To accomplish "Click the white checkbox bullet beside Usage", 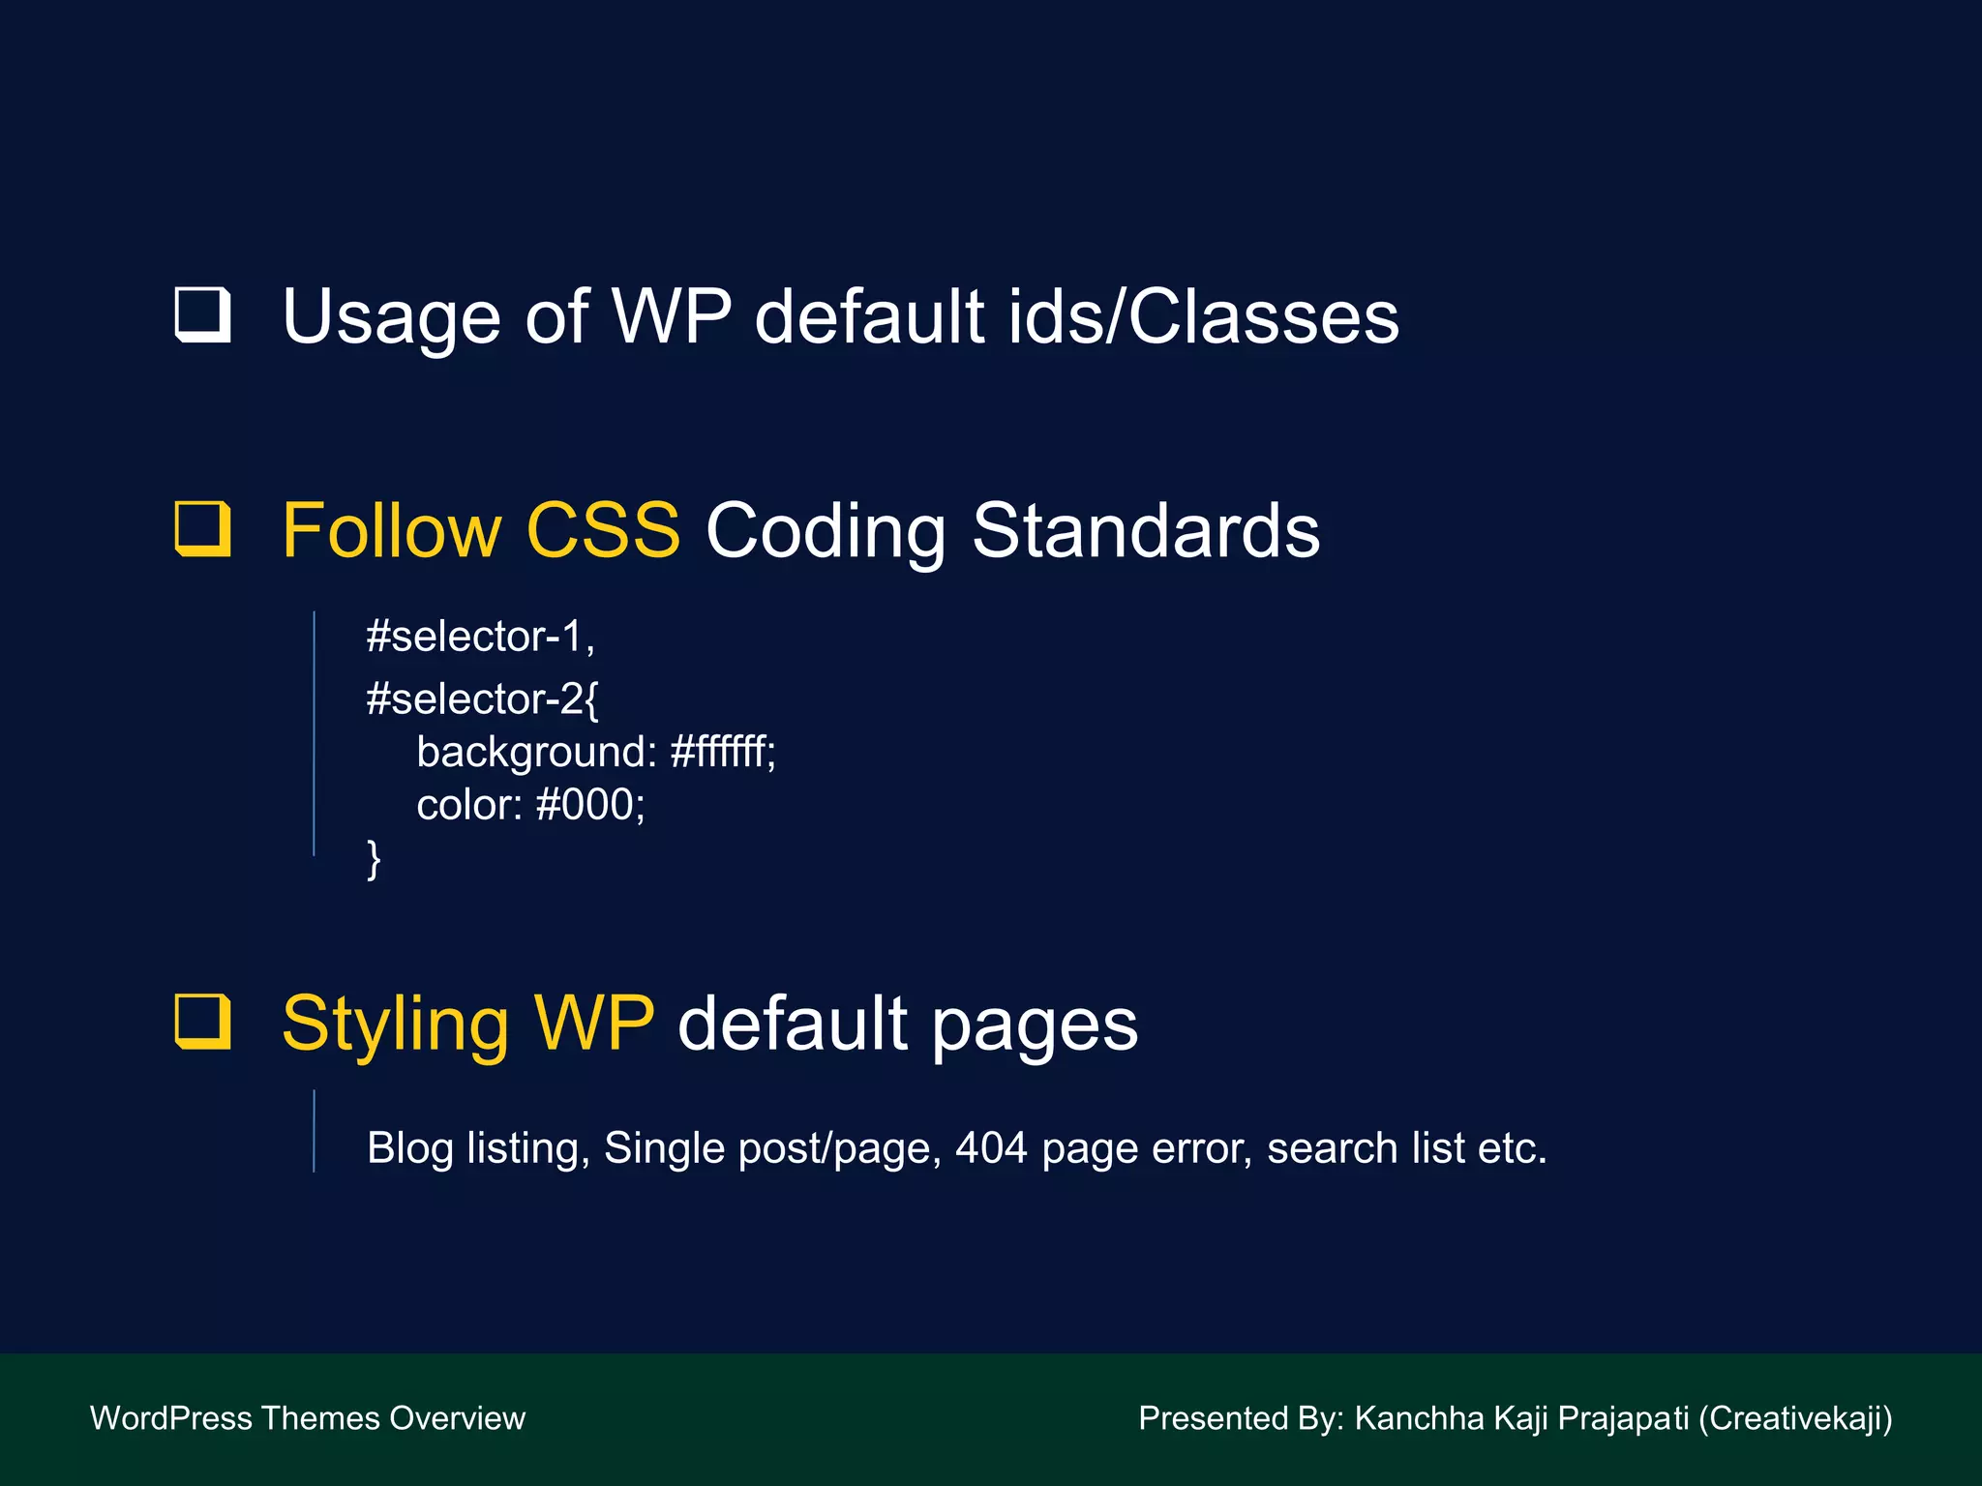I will (203, 315).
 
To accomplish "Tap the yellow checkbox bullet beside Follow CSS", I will (203, 529).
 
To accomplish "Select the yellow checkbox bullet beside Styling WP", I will (203, 1022).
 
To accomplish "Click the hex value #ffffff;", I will (722, 752).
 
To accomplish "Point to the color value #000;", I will (589, 805).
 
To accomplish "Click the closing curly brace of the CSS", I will (374, 858).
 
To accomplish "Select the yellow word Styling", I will (395, 1024).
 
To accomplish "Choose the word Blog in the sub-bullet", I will (410, 1148).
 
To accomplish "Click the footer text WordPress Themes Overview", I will (308, 1418).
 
